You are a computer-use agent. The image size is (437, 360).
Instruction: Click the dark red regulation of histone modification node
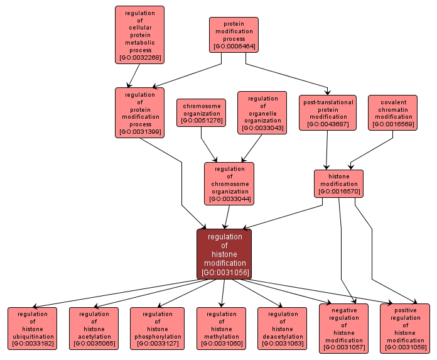[x=224, y=254]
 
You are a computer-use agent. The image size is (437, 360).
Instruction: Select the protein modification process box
[x=234, y=35]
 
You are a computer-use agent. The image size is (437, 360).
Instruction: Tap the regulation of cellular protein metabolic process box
[x=139, y=35]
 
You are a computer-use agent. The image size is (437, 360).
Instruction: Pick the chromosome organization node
[x=202, y=112]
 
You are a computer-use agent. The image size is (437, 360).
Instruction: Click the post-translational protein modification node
[x=328, y=113]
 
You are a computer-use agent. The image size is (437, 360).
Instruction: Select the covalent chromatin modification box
[x=394, y=113]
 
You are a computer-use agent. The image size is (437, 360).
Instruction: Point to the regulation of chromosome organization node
[x=229, y=183]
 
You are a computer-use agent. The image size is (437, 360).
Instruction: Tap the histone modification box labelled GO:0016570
[x=338, y=183]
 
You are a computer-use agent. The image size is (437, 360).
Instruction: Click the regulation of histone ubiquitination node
[x=32, y=329]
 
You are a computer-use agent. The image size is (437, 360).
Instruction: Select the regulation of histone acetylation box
[x=94, y=329]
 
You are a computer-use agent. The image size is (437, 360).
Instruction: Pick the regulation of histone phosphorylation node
[x=157, y=329]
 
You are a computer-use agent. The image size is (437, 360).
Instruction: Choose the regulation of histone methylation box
[x=222, y=329]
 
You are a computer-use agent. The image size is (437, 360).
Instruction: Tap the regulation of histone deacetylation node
[x=283, y=329]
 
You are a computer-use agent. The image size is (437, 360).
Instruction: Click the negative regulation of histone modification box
[x=344, y=329]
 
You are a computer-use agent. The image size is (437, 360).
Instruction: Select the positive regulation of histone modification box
[x=405, y=329]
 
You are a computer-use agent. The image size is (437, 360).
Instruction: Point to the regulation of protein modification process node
[x=139, y=112]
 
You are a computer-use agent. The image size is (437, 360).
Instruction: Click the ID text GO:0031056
[x=224, y=273]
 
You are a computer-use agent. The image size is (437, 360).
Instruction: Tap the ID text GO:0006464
[x=234, y=46]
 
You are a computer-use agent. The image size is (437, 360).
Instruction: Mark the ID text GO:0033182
[x=32, y=344]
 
